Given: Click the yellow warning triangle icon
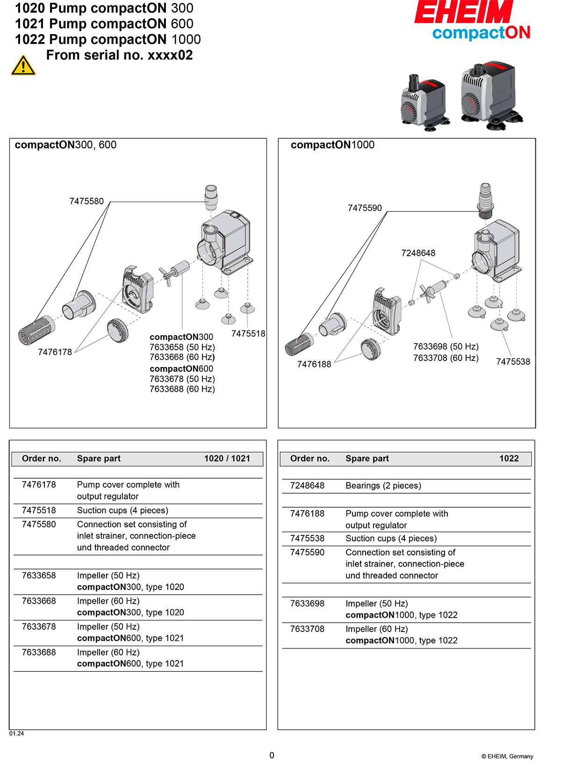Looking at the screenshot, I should coord(23,65).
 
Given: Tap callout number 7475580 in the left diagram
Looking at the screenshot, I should coord(86,202).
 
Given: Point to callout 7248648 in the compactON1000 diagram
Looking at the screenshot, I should coord(418,253).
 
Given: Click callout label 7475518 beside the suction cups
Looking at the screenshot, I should coord(248,334).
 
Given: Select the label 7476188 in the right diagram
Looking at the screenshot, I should coord(314,364).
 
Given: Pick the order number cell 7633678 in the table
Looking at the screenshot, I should coord(39,627).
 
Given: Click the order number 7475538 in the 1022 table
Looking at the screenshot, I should coord(307,539).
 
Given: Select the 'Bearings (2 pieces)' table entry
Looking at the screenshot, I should coord(383,486).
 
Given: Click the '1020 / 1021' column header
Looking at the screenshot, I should coord(227,459).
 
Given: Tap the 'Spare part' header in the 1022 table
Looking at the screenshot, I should coord(367,459).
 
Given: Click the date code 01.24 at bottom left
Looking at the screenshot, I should coord(16,734).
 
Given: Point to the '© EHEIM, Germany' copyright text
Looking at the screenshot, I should coord(507,756).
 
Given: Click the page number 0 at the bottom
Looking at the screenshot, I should coord(272,755).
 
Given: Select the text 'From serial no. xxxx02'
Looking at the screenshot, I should coord(119,55).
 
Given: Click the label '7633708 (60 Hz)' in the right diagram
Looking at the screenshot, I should coord(446,358).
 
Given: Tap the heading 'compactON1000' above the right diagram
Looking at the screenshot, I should coord(332,145).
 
